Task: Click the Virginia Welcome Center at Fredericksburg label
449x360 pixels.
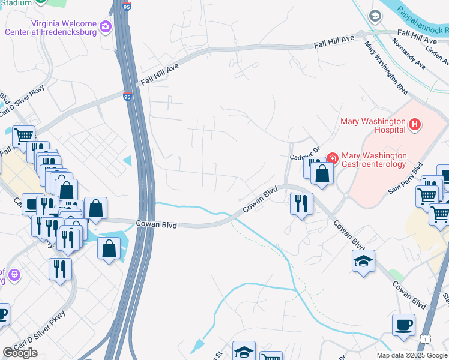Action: (50, 26)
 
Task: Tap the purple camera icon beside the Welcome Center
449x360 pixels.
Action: (106, 26)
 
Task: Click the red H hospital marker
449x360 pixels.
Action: (414, 125)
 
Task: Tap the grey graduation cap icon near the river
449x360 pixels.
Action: (375, 16)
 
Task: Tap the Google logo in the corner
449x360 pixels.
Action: (20, 353)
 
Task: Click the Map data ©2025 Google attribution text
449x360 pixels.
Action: (412, 355)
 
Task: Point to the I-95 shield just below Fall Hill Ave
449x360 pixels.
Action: (128, 96)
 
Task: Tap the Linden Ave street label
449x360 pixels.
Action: (438, 52)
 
